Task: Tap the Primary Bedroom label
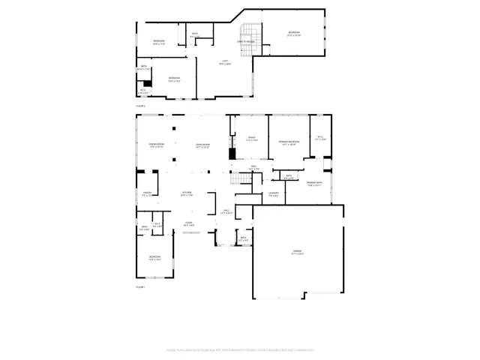click(289, 142)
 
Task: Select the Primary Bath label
click(313, 184)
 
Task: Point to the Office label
click(252, 139)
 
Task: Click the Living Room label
click(202, 145)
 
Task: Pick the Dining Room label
click(156, 145)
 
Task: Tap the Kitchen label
click(186, 194)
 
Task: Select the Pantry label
click(147, 194)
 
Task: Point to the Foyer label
click(189, 223)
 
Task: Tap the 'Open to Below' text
click(247, 41)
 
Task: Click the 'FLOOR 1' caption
click(139, 287)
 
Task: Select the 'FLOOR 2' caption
click(139, 106)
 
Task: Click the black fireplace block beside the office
click(232, 154)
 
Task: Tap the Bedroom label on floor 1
click(154, 259)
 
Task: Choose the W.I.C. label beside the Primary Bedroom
click(320, 138)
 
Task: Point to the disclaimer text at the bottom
click(240, 349)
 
